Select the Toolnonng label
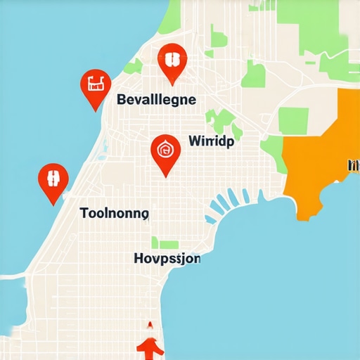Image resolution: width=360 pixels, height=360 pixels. (114, 213)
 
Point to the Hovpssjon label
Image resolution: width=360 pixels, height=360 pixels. (167, 259)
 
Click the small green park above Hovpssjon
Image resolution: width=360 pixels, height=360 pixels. (169, 244)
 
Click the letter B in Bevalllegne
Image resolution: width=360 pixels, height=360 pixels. (121, 100)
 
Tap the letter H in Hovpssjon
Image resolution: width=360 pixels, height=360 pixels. (139, 258)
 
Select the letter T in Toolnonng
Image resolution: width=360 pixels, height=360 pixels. (84, 213)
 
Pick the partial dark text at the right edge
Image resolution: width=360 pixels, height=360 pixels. (354, 166)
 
